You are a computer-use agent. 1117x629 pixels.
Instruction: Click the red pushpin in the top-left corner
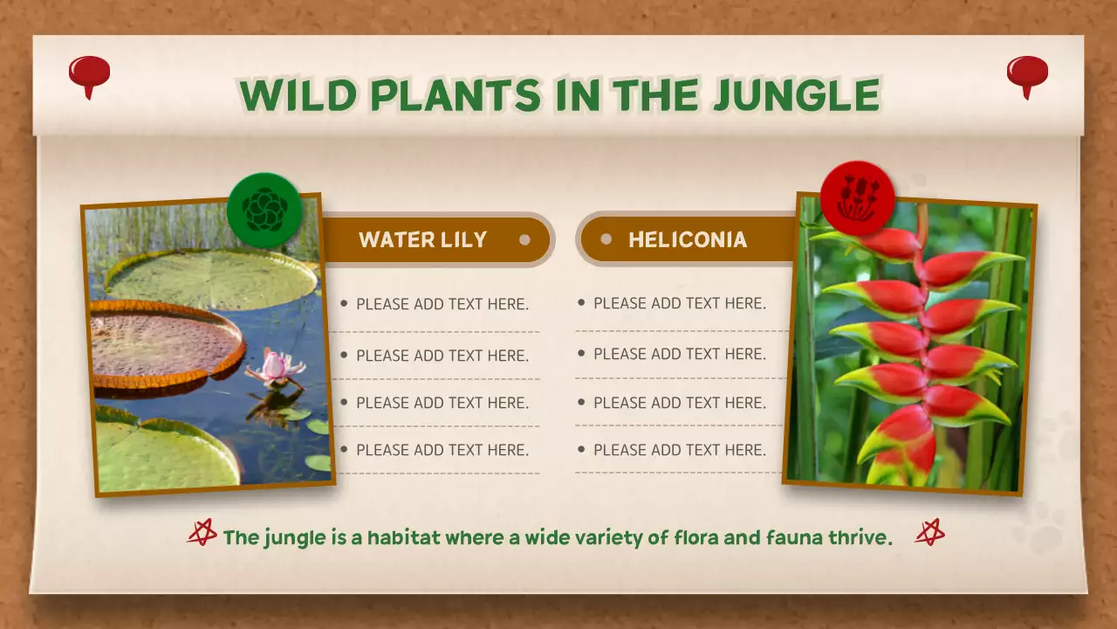coord(89,74)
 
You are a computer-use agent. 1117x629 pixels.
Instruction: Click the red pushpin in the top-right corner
coord(1027,74)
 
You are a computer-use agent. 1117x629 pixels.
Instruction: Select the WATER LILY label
coord(422,240)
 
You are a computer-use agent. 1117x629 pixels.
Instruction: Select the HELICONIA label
coord(688,240)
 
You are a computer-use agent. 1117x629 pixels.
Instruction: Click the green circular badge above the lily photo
coord(264,210)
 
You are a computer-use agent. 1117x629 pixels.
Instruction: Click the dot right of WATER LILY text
coord(524,239)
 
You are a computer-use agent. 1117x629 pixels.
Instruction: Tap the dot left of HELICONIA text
coord(606,239)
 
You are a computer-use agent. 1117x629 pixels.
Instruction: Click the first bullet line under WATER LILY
coord(442,304)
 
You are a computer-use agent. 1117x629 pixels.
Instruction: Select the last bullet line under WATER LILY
coord(442,450)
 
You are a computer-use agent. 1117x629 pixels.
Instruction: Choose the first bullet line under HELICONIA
coord(679,303)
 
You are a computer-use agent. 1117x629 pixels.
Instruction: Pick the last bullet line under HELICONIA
coord(679,450)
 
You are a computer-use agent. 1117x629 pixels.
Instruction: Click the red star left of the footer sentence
coord(202,532)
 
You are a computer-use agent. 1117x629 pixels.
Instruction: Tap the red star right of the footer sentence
coord(929,532)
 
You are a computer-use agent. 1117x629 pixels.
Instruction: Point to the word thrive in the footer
coord(860,537)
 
